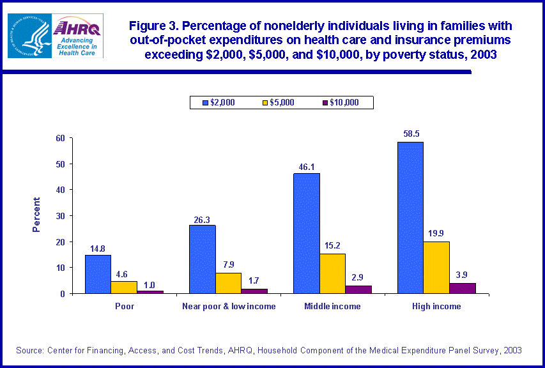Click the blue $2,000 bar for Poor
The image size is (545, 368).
tap(98, 274)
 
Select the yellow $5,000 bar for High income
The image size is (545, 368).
tap(436, 268)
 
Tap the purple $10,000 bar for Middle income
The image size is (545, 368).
tap(358, 289)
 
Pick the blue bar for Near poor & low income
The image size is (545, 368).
tap(202, 259)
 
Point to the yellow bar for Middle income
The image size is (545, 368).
tap(332, 273)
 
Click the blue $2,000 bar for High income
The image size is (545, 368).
tap(410, 217)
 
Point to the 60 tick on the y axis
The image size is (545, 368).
tap(61, 138)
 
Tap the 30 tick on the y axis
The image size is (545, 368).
tap(61, 216)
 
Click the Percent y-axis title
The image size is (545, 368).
tap(36, 215)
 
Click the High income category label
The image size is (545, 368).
tap(437, 307)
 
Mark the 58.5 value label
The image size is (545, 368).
tap(410, 134)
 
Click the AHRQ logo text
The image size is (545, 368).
tap(77, 28)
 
